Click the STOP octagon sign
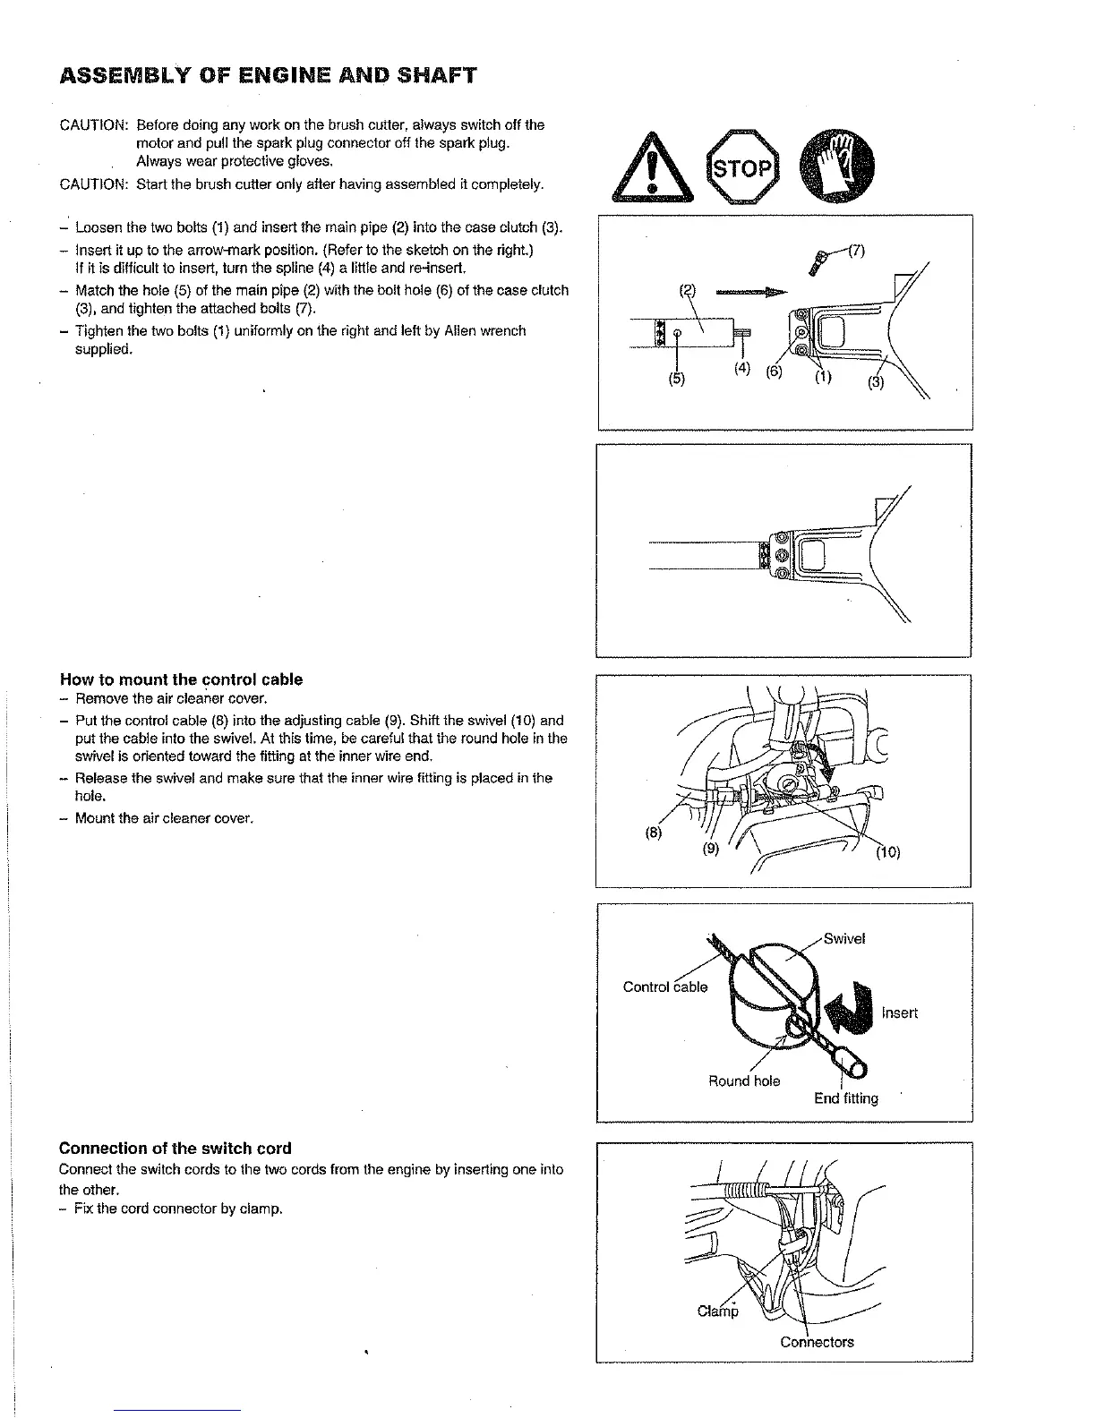click(x=741, y=167)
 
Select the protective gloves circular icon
click(x=840, y=167)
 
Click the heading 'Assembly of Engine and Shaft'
click(x=268, y=75)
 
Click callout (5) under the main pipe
click(x=676, y=378)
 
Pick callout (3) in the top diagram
click(x=876, y=383)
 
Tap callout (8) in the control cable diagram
click(x=654, y=832)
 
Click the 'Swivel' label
click(x=843, y=939)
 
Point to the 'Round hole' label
click(x=744, y=1081)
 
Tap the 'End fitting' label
click(x=846, y=1098)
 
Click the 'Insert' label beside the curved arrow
click(x=900, y=1012)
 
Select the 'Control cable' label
click(x=665, y=987)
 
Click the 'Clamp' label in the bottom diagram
click(x=718, y=1311)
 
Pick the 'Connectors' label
click(x=817, y=1342)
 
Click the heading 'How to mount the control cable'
click(x=181, y=679)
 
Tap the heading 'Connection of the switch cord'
click(x=176, y=1149)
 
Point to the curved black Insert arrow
click(x=850, y=1007)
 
